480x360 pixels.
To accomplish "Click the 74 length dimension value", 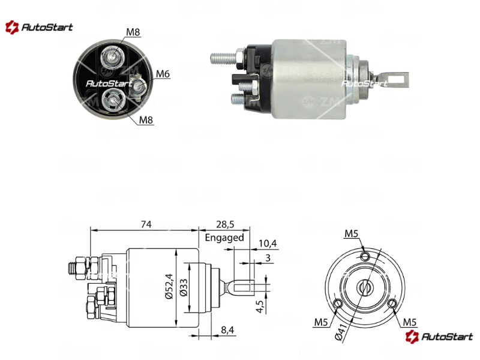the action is coord(146,224).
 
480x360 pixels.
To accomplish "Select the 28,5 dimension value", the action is coord(225,224).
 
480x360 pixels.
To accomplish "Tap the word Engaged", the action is coord(224,238).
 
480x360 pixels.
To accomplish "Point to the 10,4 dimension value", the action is coord(268,244).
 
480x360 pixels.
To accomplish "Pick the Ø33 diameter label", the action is coord(184,287).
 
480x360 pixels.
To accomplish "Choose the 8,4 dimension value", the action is coord(227,329).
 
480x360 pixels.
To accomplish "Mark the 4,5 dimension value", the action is coord(260,307).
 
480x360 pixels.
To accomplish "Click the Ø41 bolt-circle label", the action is coord(341,332).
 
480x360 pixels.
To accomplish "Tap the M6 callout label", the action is coord(163,74).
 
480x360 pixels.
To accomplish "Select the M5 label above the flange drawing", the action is coord(351,233).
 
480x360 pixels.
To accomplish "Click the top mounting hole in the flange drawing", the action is coord(365,256).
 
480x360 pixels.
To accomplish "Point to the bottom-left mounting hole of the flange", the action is coord(338,304).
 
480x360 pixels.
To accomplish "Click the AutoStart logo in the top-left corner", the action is coord(39,27).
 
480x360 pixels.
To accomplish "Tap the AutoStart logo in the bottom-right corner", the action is coord(439,337).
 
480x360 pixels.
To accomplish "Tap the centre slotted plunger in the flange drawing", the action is coord(365,287).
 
